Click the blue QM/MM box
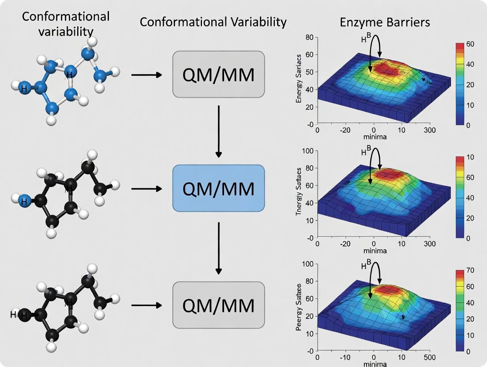tap(218, 189)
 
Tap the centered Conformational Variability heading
tap(213, 22)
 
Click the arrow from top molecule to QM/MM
tap(147, 75)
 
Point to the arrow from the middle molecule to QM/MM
tap(147, 189)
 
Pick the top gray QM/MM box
tap(218, 74)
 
